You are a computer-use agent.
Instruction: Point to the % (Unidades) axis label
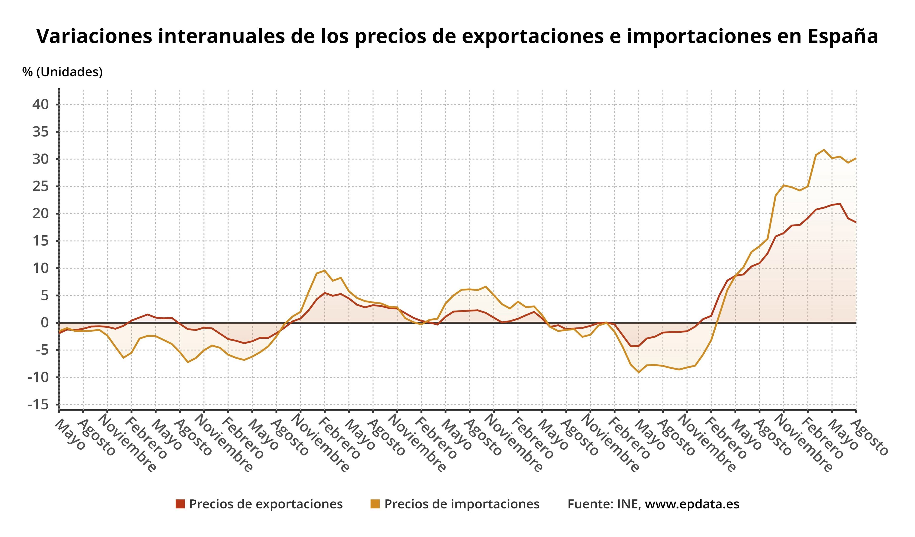click(x=62, y=72)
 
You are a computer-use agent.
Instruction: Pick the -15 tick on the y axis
click(x=38, y=405)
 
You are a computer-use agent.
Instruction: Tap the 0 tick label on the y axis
click(x=45, y=323)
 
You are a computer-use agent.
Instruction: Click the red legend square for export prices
click(x=180, y=504)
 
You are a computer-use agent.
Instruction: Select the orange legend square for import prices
click(x=375, y=504)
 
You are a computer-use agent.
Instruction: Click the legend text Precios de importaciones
click(x=462, y=504)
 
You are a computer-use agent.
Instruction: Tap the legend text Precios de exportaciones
click(x=266, y=504)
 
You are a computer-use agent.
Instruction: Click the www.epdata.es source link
click(x=692, y=504)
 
